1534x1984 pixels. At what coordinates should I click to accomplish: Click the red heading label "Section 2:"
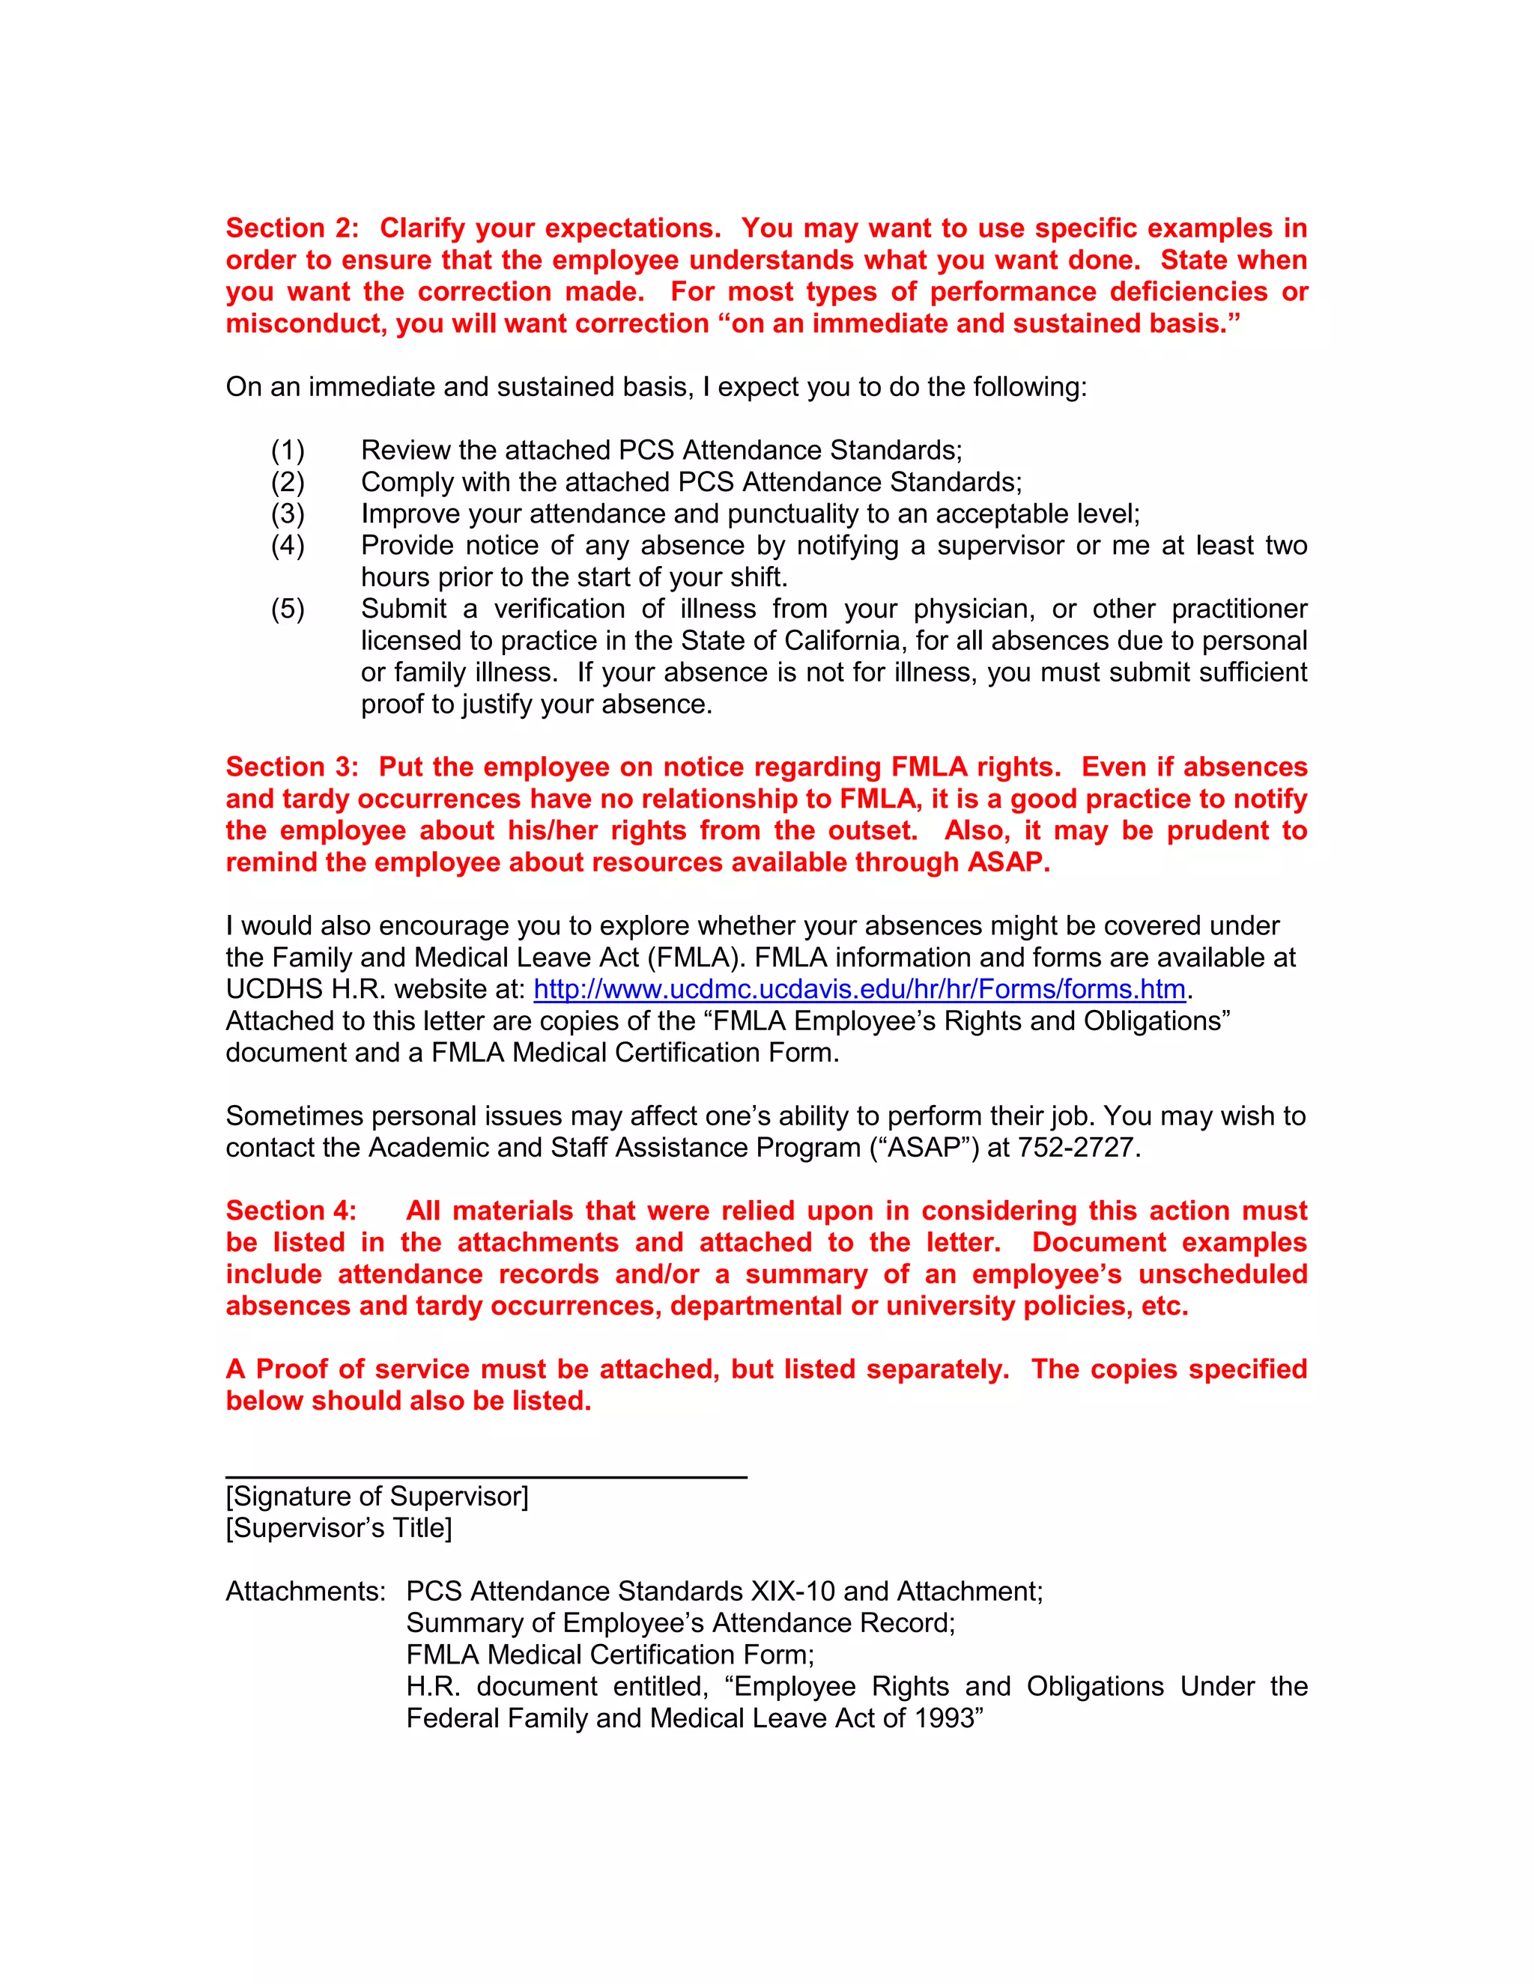(x=291, y=228)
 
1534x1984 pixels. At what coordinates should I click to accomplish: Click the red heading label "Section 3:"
(x=291, y=767)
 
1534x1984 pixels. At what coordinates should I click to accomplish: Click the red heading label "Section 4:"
(x=291, y=1210)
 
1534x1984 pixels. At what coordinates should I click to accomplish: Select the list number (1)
(x=287, y=451)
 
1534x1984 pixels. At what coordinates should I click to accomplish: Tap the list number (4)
(x=287, y=545)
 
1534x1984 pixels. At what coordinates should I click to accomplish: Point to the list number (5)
(x=287, y=609)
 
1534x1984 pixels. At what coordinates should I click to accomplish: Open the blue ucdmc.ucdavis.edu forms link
(x=859, y=988)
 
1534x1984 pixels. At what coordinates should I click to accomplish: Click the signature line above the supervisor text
(x=486, y=1477)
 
